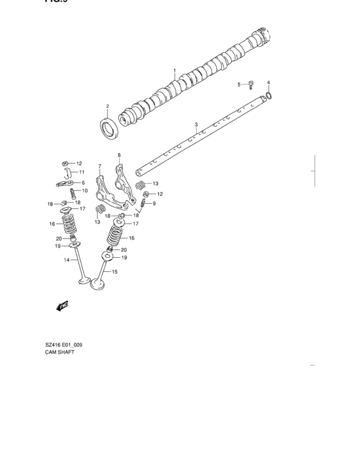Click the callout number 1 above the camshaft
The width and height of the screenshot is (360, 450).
pyautogui.click(x=174, y=70)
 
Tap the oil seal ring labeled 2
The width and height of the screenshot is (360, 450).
pyautogui.click(x=107, y=127)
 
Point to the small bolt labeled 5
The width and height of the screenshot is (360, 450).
pyautogui.click(x=251, y=85)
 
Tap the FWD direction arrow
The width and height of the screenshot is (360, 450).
pyautogui.click(x=62, y=307)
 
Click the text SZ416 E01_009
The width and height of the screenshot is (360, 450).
pyautogui.click(x=60, y=345)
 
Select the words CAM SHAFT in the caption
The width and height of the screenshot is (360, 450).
pyautogui.click(x=60, y=353)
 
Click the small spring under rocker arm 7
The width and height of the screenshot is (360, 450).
pyautogui.click(x=100, y=210)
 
